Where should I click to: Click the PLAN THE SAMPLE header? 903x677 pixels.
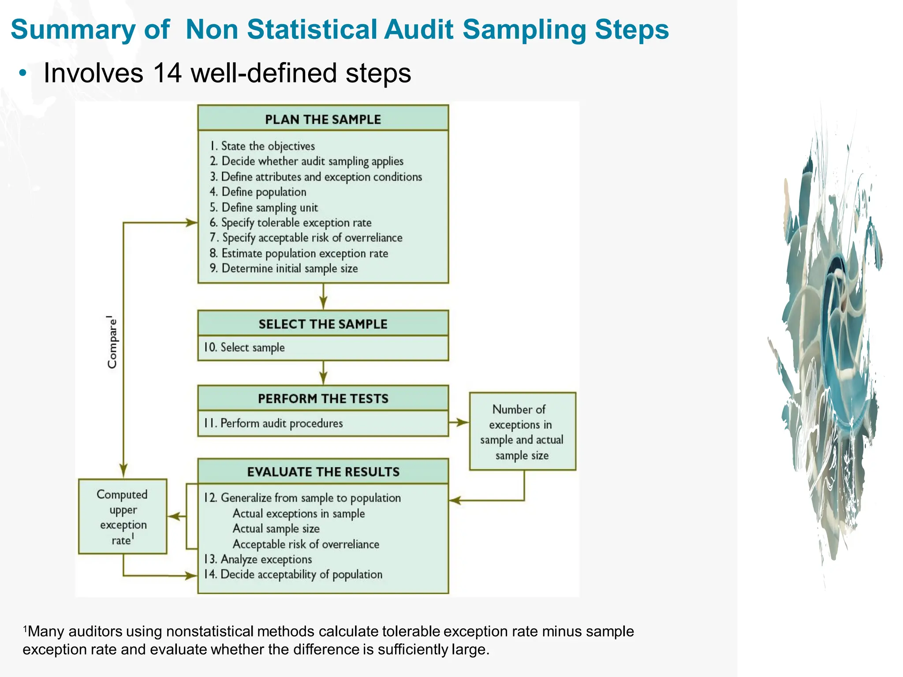(x=323, y=119)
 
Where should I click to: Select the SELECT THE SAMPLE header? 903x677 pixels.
(x=323, y=324)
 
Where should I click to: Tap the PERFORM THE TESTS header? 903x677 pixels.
(x=323, y=398)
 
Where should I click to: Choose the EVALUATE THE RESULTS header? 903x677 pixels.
(x=323, y=472)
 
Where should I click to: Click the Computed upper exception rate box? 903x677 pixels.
(x=123, y=517)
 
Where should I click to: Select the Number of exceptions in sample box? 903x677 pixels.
(x=522, y=431)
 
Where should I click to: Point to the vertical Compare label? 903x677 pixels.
(x=112, y=342)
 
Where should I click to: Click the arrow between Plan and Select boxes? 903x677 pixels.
(x=323, y=297)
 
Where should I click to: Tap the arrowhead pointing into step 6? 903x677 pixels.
(x=192, y=223)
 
